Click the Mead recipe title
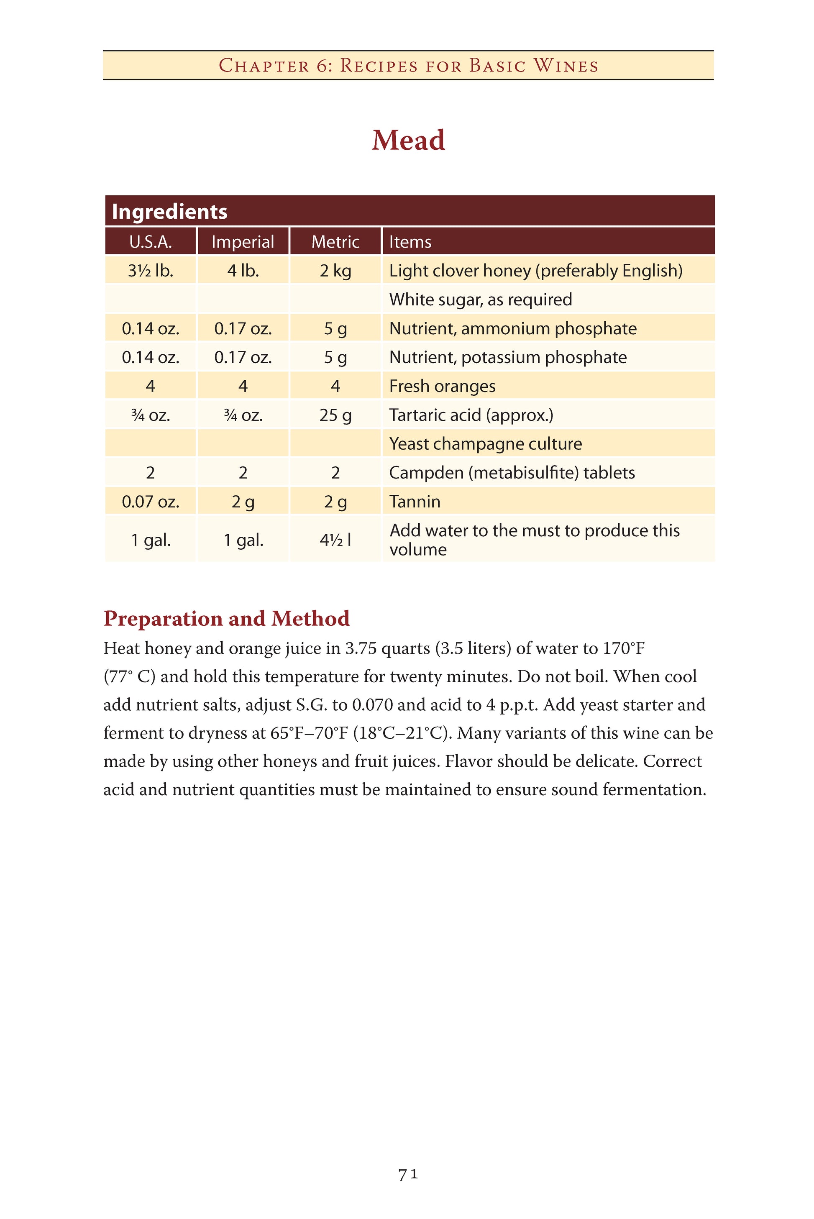(x=408, y=140)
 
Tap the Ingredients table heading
(x=170, y=212)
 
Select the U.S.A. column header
(x=151, y=242)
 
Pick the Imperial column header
(x=243, y=242)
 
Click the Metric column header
(x=335, y=242)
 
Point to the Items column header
(x=410, y=242)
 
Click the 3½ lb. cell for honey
(x=151, y=271)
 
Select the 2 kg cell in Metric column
(x=335, y=271)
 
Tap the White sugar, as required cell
(x=481, y=300)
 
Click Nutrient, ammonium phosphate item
(x=513, y=329)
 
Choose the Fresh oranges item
(x=442, y=386)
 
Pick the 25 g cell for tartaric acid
(x=335, y=415)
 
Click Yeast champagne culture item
(x=485, y=444)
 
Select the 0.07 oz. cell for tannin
(x=151, y=502)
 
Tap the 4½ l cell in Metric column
(x=335, y=540)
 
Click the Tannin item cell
(x=415, y=502)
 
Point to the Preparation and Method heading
(x=226, y=618)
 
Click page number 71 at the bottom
(x=408, y=1174)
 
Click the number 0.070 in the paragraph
(x=372, y=705)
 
